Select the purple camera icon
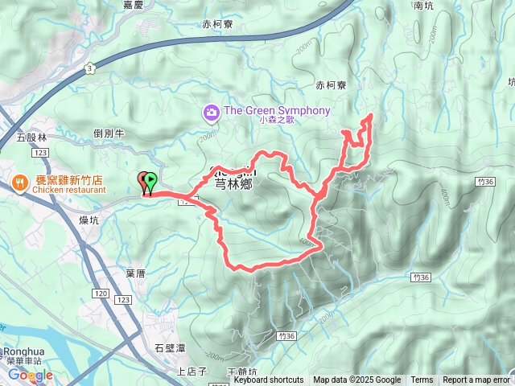click(211, 111)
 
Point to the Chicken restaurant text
click(69, 191)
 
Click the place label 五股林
click(32, 138)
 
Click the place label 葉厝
click(135, 273)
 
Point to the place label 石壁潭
click(170, 348)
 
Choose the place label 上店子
click(192, 372)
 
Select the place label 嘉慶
click(133, 5)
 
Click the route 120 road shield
click(100, 295)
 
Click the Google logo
click(31, 375)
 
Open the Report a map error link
click(476, 380)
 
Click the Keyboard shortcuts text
click(269, 380)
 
